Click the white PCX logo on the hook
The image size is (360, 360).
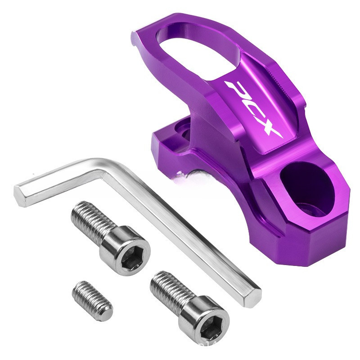coord(255,110)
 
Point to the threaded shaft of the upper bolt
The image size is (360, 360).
coord(93,220)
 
